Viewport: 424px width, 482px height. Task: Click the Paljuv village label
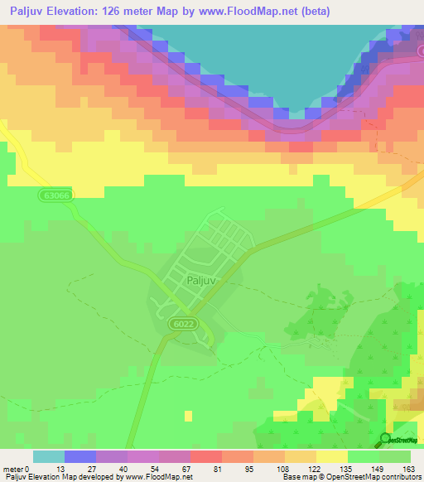click(x=202, y=280)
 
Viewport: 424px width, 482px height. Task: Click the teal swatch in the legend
click(x=49, y=456)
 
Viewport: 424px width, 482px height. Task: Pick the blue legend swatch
click(x=80, y=456)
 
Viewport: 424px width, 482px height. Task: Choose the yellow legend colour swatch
click(x=331, y=456)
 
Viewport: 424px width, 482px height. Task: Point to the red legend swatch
click(x=206, y=456)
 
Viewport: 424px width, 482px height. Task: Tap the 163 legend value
click(x=411, y=469)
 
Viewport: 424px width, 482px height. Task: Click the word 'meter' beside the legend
click(x=14, y=469)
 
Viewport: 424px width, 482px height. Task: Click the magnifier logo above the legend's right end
click(x=386, y=439)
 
